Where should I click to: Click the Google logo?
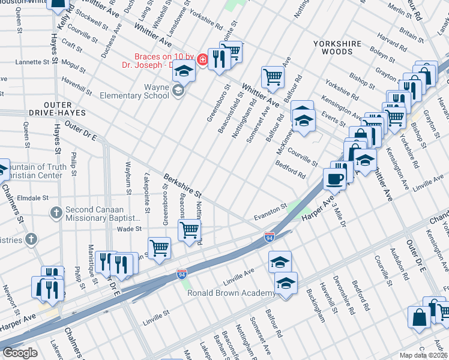point(20,352)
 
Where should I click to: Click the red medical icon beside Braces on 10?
point(202,59)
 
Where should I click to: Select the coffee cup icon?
point(334,178)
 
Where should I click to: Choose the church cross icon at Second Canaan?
point(56,212)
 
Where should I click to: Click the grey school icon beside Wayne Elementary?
point(177,91)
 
